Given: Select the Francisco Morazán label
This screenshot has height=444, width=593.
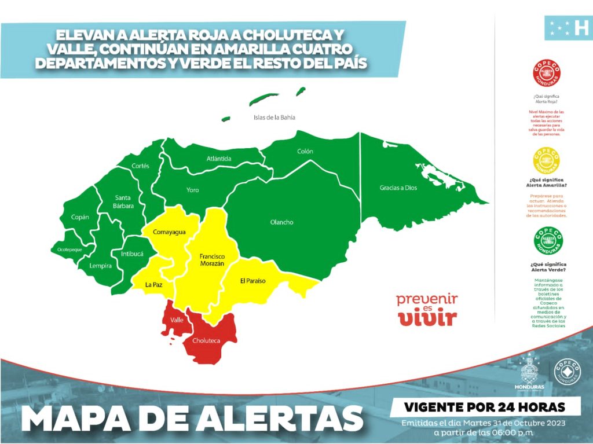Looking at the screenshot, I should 211,259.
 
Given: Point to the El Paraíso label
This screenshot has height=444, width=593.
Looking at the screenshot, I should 252,281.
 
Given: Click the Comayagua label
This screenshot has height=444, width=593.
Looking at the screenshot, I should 169,232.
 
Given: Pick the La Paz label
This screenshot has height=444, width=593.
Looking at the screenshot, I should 153,284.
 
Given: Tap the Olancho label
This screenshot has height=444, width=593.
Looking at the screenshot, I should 281,222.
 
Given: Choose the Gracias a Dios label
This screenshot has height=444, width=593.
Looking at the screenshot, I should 398,188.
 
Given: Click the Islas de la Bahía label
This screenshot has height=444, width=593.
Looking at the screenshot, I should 274,118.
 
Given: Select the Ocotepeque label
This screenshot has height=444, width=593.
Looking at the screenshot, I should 65,249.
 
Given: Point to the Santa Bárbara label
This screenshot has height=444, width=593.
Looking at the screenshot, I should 124,201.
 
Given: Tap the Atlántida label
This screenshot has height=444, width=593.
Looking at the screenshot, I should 219,159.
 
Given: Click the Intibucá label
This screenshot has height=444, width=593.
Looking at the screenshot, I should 132,254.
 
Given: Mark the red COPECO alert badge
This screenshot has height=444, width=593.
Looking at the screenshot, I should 546,74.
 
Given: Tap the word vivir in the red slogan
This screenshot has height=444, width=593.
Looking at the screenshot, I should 427,318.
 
